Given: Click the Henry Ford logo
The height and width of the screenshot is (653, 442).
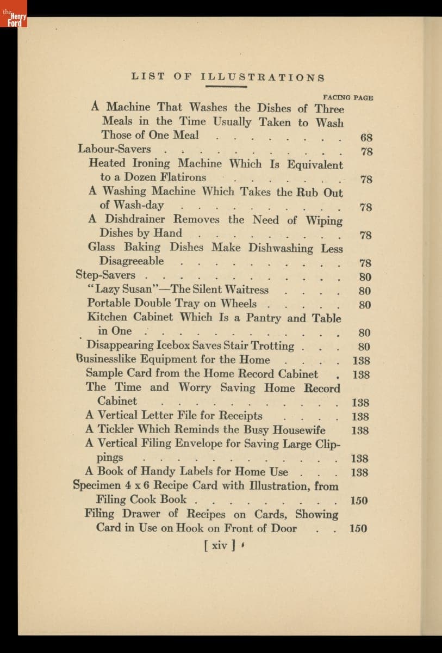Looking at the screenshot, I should coord(13,14).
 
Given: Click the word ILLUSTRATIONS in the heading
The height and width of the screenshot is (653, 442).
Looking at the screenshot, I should coord(263,78).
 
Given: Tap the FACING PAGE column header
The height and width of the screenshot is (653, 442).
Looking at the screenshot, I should coord(348,97).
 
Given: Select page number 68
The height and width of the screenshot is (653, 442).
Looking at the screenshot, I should coord(366,137).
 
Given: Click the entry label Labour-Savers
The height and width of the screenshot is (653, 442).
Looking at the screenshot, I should coord(114,149).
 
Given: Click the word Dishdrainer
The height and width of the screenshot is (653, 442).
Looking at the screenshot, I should coord(135,219).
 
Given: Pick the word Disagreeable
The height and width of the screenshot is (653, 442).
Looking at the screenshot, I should coord(131,261).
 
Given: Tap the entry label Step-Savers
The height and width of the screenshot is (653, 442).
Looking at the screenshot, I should coord(105,275).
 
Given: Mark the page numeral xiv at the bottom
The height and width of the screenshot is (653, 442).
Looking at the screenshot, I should coord(219,545).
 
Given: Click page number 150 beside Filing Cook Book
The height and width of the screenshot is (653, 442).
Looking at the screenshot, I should coord(359,500).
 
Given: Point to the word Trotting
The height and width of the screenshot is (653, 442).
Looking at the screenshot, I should coord(272,346).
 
